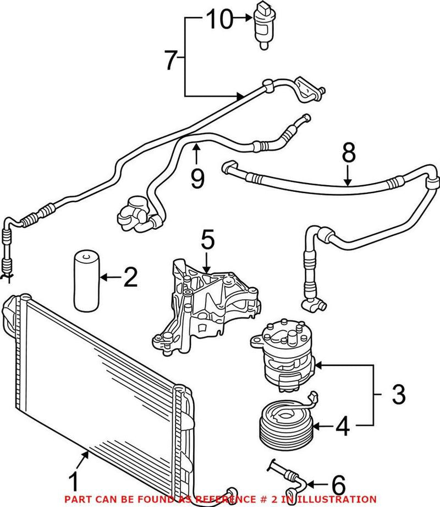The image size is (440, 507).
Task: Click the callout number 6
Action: coord(338,486)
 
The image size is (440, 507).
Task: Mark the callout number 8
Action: coord(348,154)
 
